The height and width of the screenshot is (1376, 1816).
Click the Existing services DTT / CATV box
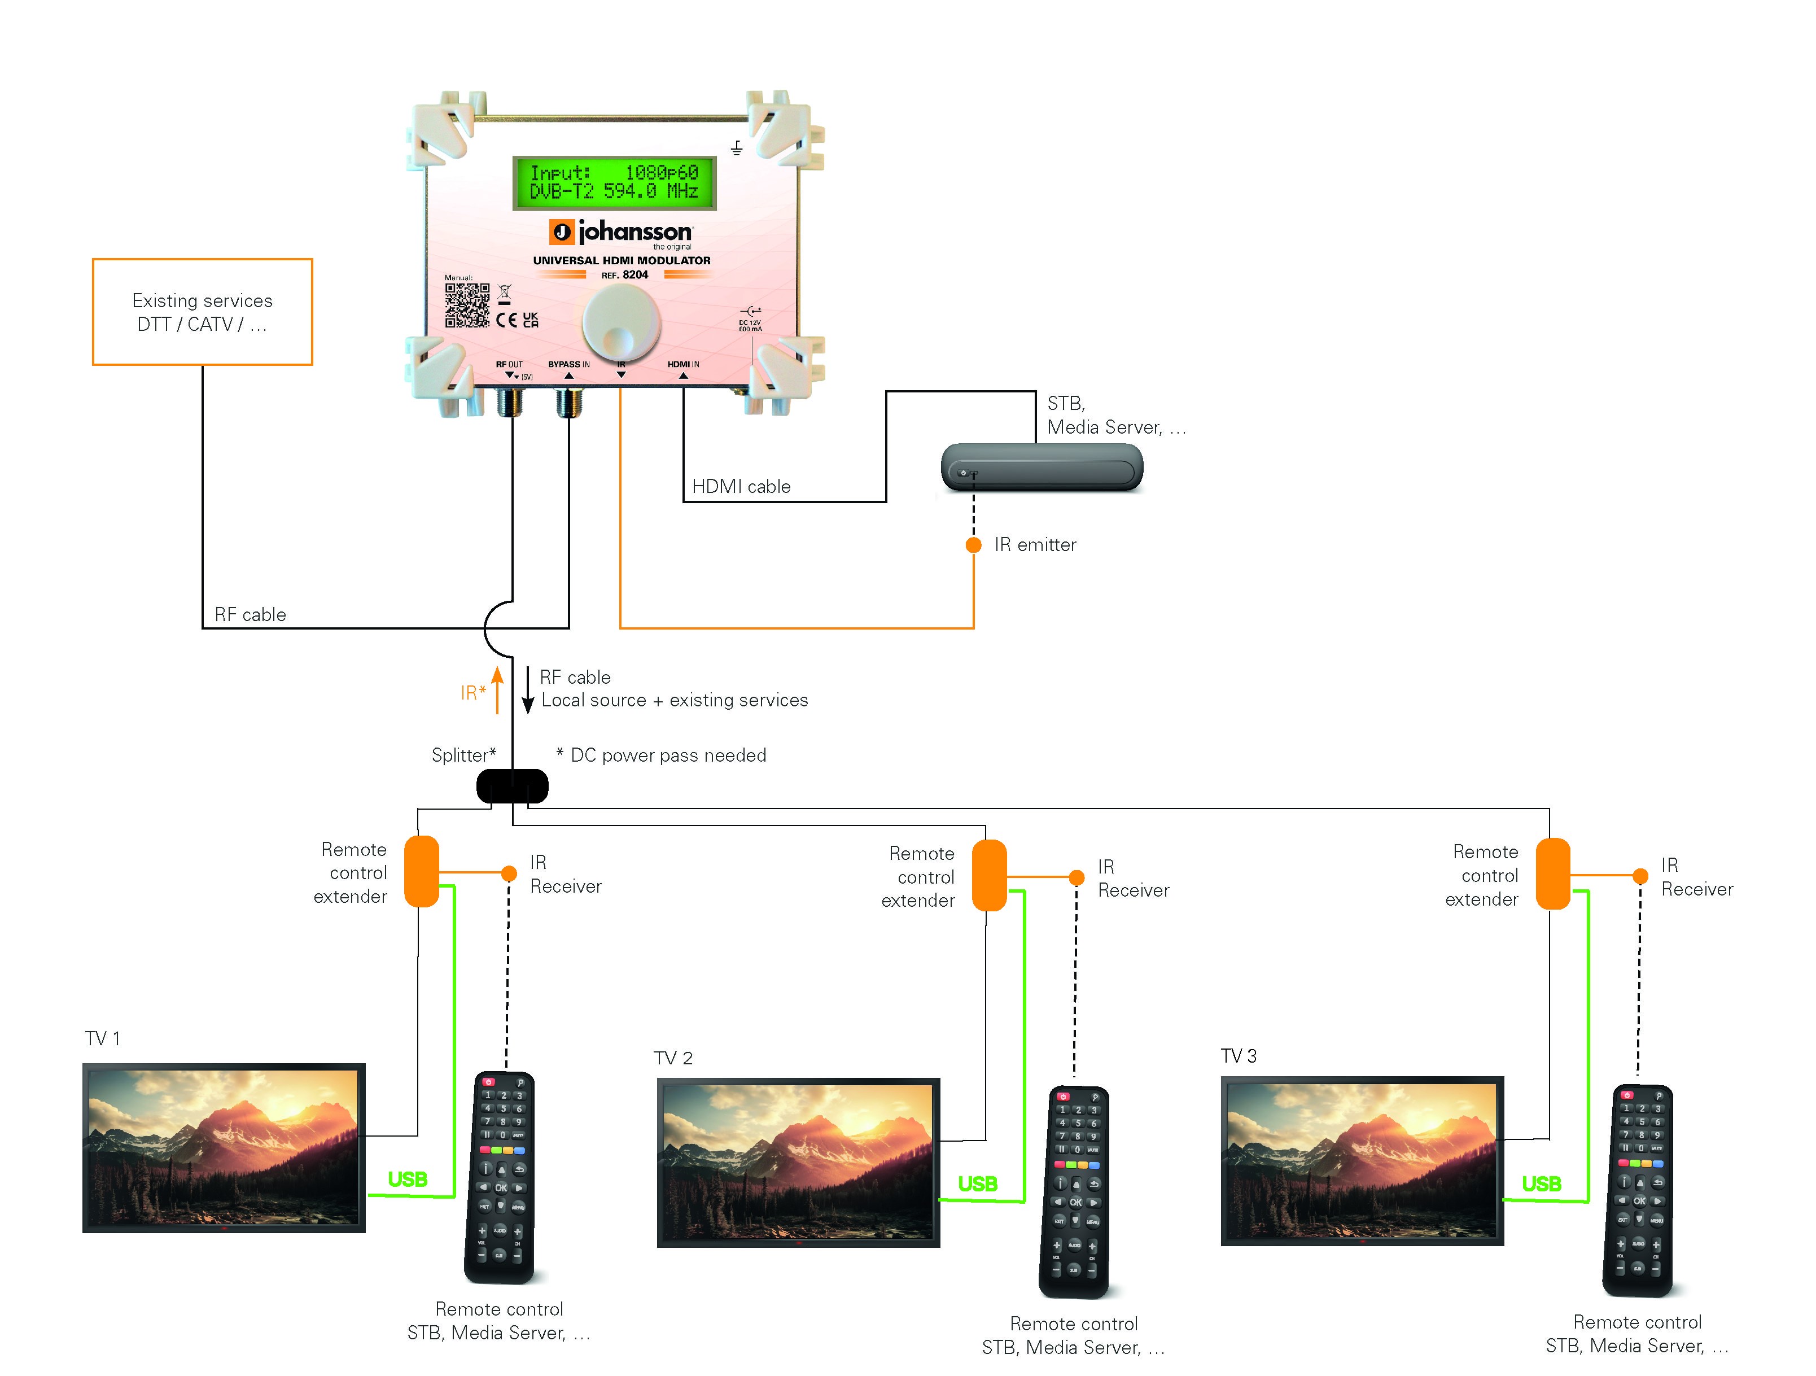pyautogui.click(x=202, y=312)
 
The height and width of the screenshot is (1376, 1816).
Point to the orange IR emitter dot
pyautogui.click(x=974, y=545)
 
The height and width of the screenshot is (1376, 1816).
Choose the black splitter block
pyautogui.click(x=513, y=786)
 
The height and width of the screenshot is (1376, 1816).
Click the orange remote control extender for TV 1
pyautogui.click(x=422, y=871)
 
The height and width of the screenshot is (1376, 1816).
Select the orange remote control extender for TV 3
pyautogui.click(x=1552, y=873)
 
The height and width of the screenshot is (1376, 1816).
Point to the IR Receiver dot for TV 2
pyautogui.click(x=1077, y=877)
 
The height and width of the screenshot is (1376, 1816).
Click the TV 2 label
pyautogui.click(x=672, y=1058)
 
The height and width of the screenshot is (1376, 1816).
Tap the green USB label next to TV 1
pyautogui.click(x=407, y=1179)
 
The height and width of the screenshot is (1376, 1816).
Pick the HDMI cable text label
pyautogui.click(x=741, y=486)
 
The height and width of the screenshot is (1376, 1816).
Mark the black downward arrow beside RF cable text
pyautogui.click(x=528, y=689)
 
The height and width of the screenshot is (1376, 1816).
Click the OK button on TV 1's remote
pyautogui.click(x=501, y=1187)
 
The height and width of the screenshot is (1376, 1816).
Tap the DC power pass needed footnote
pyautogui.click(x=661, y=755)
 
